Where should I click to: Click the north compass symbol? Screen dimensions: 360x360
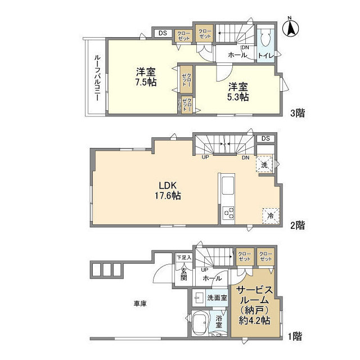click(292, 28)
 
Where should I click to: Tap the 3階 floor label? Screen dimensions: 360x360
click(298, 113)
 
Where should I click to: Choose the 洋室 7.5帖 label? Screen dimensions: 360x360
click(145, 77)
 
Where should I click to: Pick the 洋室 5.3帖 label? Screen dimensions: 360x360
click(238, 92)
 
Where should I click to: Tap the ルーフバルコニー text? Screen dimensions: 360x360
click(97, 77)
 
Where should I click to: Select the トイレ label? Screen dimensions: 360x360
click(265, 55)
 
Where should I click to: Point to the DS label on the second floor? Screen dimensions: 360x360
click(265, 139)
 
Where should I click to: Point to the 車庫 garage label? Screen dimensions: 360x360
click(140, 304)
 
